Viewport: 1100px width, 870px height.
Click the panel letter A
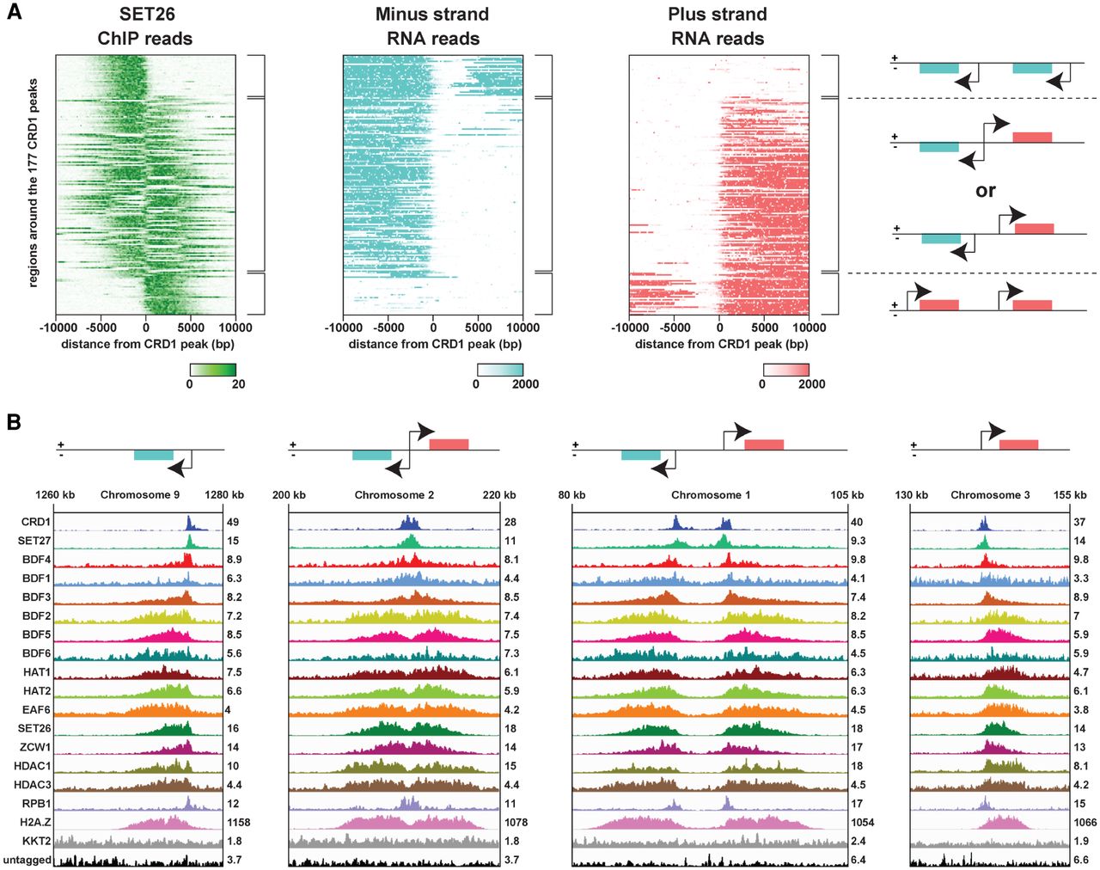point(14,13)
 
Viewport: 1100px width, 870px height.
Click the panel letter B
point(14,422)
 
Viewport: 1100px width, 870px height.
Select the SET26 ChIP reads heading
point(145,26)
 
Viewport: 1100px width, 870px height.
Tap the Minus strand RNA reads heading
point(432,26)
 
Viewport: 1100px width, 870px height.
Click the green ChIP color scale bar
point(213,369)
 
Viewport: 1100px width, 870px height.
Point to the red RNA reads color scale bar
point(785,369)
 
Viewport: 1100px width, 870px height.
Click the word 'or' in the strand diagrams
point(985,191)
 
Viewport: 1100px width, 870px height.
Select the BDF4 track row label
point(36,560)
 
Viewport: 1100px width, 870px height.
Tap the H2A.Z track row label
point(36,823)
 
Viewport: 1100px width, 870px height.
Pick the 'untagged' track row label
point(27,860)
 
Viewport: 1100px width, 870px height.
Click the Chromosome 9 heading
point(140,494)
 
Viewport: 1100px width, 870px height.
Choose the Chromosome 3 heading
point(990,494)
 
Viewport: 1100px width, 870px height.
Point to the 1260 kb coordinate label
point(55,494)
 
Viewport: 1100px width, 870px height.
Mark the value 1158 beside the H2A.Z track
point(239,823)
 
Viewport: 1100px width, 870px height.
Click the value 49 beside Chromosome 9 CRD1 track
point(233,522)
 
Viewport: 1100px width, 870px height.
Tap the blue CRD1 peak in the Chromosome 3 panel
point(984,524)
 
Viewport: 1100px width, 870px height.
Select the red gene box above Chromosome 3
point(1018,444)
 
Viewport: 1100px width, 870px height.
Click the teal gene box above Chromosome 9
point(153,455)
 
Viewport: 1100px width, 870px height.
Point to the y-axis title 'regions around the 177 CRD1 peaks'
point(34,183)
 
